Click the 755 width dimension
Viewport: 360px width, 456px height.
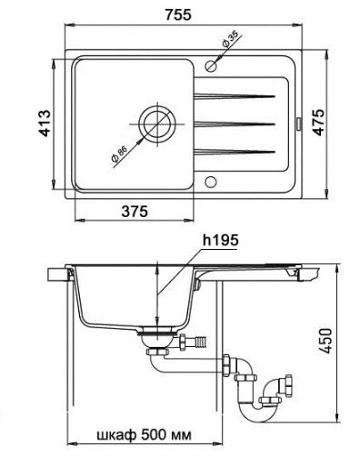178,15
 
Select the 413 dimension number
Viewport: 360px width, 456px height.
45,124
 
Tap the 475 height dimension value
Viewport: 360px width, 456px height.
318,122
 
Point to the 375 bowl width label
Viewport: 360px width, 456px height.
135,211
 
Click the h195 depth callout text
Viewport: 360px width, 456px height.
221,240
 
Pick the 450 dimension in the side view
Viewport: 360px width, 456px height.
325,340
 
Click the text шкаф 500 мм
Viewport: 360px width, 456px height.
144,435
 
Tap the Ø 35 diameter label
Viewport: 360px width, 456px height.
230,39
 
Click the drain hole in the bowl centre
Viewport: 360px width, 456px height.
156,124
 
